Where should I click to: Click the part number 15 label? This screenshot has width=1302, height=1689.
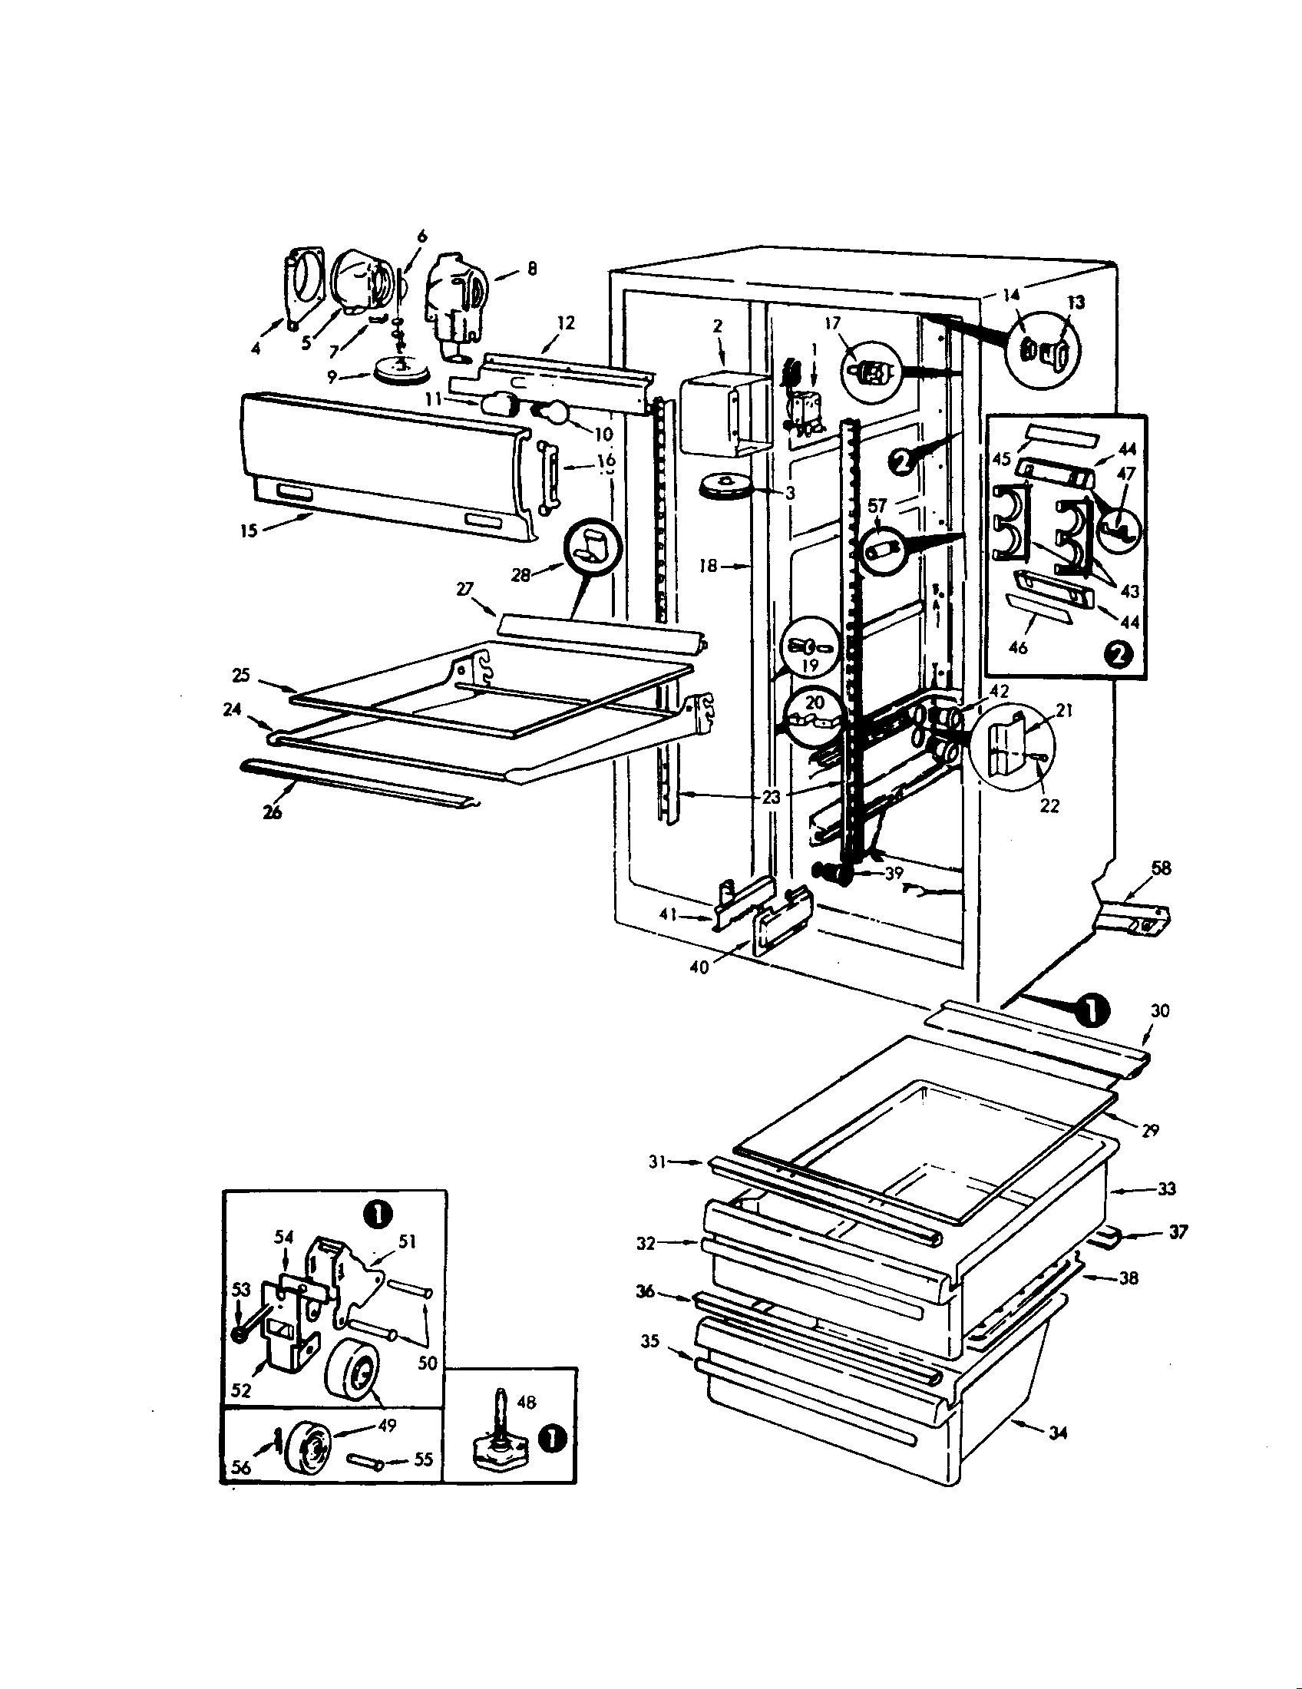pyautogui.click(x=249, y=531)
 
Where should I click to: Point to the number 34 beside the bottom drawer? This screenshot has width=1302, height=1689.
pyautogui.click(x=1059, y=1433)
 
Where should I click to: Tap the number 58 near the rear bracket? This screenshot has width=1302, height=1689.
pyautogui.click(x=1161, y=868)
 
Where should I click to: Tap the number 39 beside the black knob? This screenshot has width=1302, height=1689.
pyautogui.click(x=894, y=872)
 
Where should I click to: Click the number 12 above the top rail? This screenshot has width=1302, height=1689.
pyautogui.click(x=566, y=322)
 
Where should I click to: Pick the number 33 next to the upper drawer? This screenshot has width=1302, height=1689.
pyautogui.click(x=1166, y=1188)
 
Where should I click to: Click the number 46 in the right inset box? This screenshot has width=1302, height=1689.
pyautogui.click(x=1018, y=646)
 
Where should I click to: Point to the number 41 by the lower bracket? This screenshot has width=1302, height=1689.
pyautogui.click(x=669, y=915)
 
